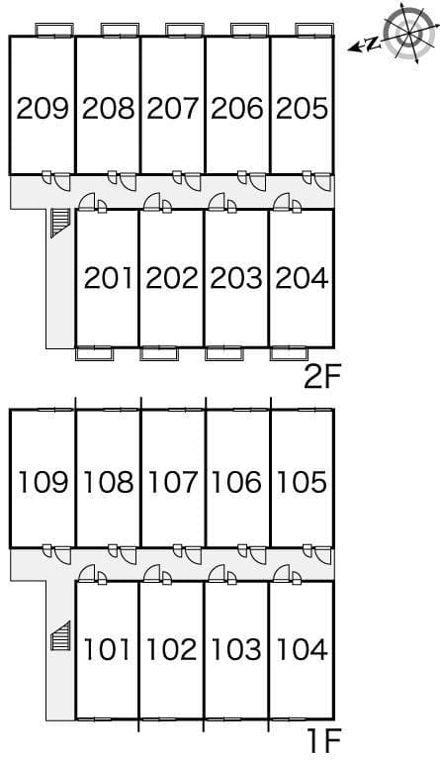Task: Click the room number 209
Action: tap(43, 108)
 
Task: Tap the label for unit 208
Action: tap(108, 108)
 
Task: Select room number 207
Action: tap(173, 108)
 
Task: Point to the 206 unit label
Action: tap(237, 108)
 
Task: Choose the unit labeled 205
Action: tap(302, 108)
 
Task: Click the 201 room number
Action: tap(108, 278)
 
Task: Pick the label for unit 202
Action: tap(172, 278)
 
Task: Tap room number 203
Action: tap(237, 278)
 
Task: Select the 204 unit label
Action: tap(302, 278)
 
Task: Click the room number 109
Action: tap(43, 483)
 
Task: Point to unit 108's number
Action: tap(108, 483)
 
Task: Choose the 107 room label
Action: tap(173, 483)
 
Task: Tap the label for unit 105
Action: tap(302, 483)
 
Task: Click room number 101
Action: tap(108, 651)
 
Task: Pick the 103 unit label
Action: tap(237, 651)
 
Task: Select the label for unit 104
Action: tap(302, 651)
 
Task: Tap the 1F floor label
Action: tap(321, 739)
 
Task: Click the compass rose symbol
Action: tap(406, 33)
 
